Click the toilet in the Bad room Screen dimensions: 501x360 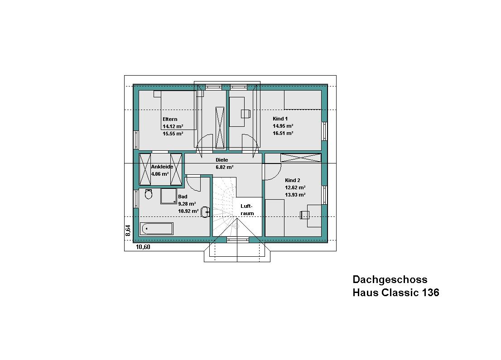click(149, 194)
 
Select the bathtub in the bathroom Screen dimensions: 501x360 click(157, 229)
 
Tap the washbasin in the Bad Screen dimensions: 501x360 click(206, 212)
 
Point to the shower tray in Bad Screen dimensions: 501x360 click(169, 196)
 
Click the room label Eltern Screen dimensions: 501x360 click(170, 119)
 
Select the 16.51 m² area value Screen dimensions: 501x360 click(283, 133)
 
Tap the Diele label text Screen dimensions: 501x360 click(222, 160)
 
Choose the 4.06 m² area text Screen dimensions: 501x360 click(160, 174)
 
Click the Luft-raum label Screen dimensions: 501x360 click(247, 210)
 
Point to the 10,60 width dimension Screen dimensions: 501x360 click(143, 247)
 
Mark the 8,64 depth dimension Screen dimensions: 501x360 click(128, 230)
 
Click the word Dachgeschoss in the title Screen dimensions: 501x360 click(390, 280)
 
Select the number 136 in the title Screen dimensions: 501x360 click(431, 292)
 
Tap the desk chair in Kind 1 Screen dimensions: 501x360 click(246, 114)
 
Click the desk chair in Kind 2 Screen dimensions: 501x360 click(305, 215)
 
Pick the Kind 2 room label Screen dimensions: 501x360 click(292, 181)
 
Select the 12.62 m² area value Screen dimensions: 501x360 click(295, 187)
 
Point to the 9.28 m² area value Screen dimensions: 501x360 click(187, 204)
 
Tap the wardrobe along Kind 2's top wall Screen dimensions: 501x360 click(301, 158)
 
